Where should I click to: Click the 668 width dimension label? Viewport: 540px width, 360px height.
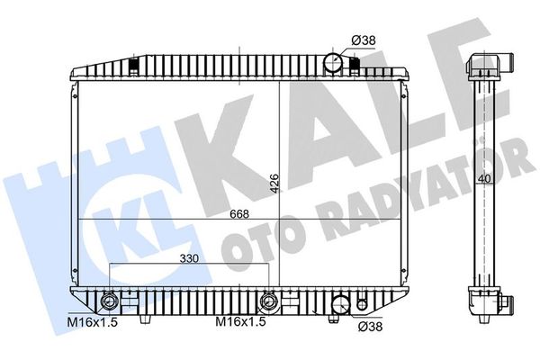pyautogui.click(x=239, y=214)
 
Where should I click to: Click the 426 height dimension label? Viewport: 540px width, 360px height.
pyautogui.click(x=274, y=184)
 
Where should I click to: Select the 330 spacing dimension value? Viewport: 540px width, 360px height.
pyautogui.click(x=189, y=258)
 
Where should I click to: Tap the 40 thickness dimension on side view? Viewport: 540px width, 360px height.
pyautogui.click(x=484, y=178)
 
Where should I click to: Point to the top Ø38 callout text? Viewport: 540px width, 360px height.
pyautogui.click(x=364, y=40)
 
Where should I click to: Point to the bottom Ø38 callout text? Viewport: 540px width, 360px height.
pyautogui.click(x=370, y=326)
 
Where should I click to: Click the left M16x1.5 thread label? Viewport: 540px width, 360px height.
pyautogui.click(x=93, y=322)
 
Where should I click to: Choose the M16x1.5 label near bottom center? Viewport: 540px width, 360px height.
pyautogui.click(x=240, y=322)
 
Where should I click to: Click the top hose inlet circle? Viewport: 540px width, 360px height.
pyautogui.click(x=333, y=62)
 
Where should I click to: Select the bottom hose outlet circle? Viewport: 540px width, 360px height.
pyautogui.click(x=341, y=304)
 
